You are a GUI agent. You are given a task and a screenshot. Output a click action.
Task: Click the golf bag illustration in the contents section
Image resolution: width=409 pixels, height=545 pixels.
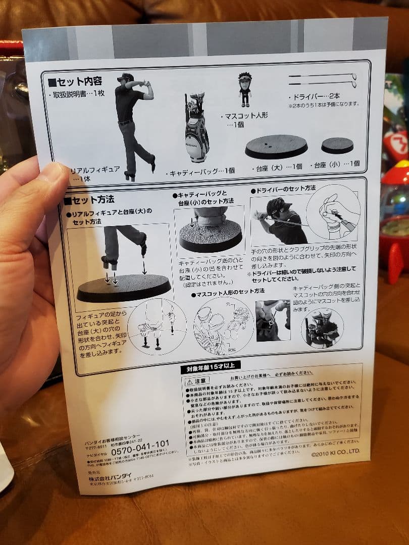(196, 128)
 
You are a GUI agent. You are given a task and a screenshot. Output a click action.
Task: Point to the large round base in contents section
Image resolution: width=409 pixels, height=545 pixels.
(276, 146)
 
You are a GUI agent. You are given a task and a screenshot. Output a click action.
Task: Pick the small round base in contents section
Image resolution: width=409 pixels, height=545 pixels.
(337, 145)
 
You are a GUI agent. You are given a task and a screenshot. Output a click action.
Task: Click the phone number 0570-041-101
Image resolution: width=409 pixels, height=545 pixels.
(140, 445)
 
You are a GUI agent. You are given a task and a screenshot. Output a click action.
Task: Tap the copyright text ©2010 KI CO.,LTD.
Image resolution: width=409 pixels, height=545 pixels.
(335, 454)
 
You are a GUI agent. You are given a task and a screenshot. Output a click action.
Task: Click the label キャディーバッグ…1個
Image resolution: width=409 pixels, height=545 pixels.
(202, 171)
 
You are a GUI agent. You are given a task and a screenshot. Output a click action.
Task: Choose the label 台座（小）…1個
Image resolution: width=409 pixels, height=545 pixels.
(337, 164)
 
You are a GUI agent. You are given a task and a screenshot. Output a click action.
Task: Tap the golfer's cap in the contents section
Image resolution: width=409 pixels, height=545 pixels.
(125, 77)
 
